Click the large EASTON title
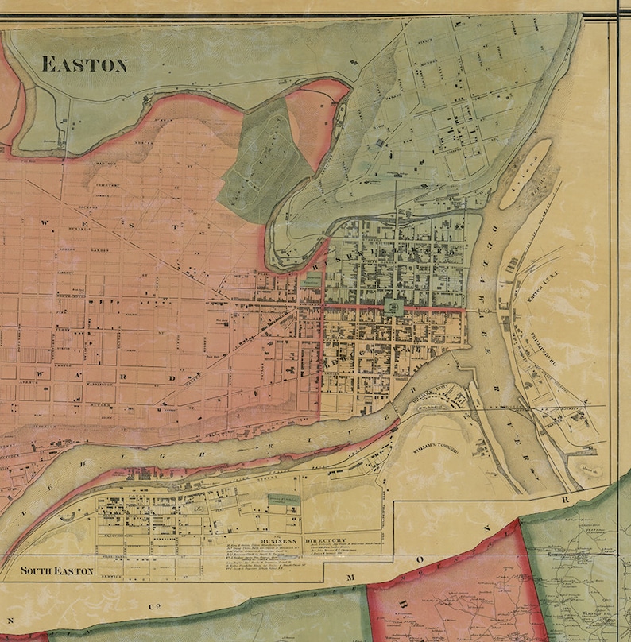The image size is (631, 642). tap(83, 64)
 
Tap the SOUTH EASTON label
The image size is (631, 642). tap(57, 570)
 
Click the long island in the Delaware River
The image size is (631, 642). tap(525, 173)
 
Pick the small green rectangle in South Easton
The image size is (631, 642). tap(284, 500)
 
